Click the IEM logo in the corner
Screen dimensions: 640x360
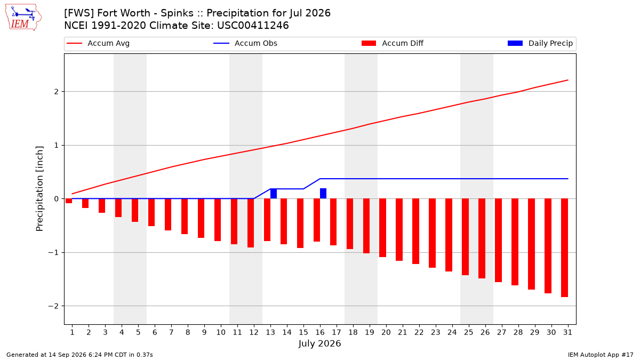23,18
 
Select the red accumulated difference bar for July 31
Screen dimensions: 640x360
564,247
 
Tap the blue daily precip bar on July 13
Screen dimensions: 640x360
274,194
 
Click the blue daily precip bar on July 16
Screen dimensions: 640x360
323,194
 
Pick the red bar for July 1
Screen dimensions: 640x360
69,201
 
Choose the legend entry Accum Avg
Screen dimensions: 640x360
98,43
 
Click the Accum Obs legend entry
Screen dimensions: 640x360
245,43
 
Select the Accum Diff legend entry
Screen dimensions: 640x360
393,43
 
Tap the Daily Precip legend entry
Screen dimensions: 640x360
540,43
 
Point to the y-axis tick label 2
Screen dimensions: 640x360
57,92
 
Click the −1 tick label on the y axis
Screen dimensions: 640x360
53,253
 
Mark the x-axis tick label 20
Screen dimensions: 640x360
386,332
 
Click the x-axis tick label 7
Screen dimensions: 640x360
171,332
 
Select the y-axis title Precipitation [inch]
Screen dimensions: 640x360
39,189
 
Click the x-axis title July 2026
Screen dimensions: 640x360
319,343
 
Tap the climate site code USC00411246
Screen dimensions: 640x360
253,26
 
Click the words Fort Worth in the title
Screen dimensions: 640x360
124,13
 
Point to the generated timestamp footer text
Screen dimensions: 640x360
79,355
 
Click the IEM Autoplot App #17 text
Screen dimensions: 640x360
601,355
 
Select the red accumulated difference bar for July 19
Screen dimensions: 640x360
366,226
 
